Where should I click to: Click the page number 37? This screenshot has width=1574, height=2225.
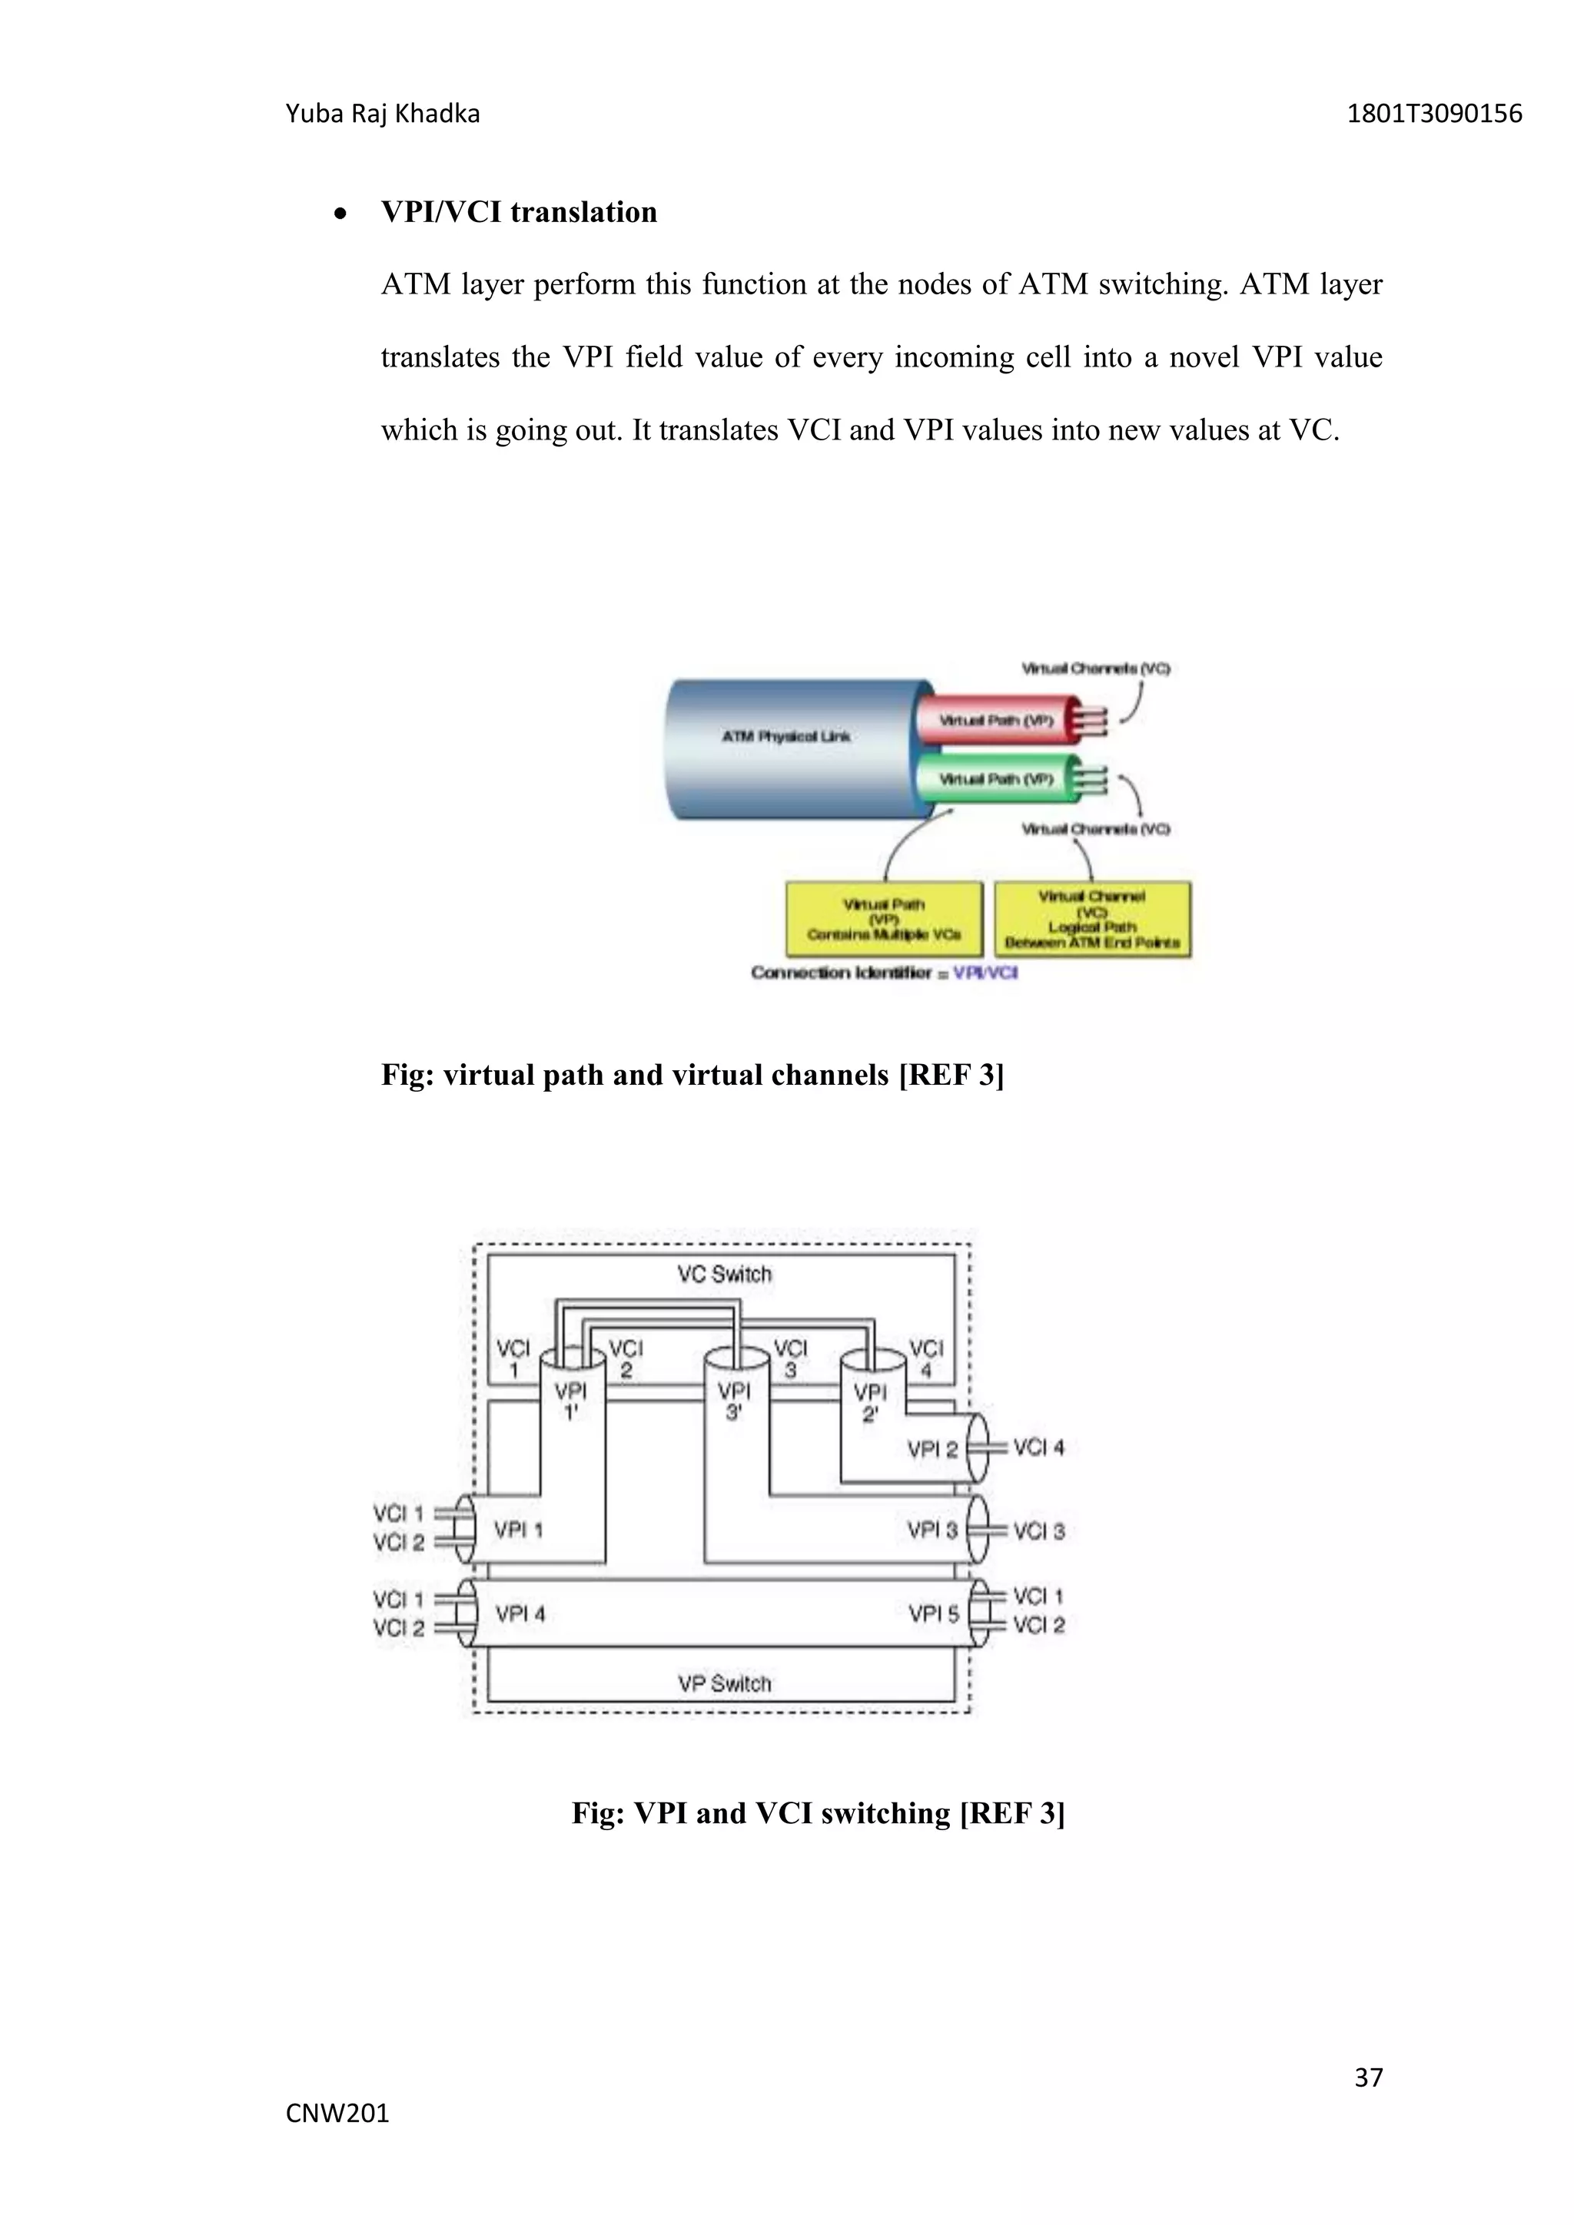pos(1367,2077)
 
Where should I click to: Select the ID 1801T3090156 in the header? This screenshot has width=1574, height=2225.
pos(1434,114)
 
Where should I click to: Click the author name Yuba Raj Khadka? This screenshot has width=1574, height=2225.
pos(383,114)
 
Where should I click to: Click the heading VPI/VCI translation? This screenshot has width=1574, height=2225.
pos(519,212)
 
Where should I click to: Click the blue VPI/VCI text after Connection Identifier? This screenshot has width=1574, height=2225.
pos(985,972)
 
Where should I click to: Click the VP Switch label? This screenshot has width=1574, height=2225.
pos(724,1683)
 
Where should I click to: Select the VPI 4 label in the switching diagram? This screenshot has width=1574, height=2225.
pos(520,1613)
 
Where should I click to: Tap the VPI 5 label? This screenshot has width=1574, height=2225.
pos(932,1613)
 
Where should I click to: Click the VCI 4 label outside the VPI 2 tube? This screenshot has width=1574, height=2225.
pos(1038,1447)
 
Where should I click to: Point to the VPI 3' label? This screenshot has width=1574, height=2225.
pos(734,1401)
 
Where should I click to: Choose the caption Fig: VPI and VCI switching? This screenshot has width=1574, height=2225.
pos(818,1813)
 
